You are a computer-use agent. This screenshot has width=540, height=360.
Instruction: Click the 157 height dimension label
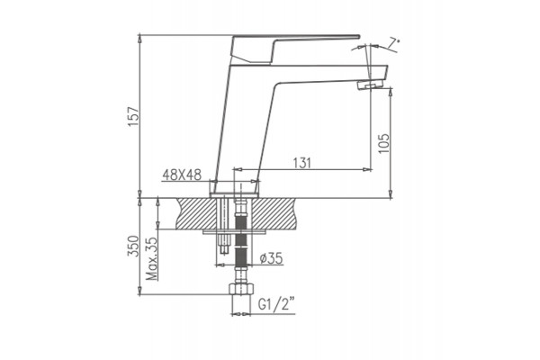pyautogui.click(x=133, y=116)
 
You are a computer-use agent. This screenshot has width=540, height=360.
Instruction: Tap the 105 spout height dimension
pyautogui.click(x=383, y=143)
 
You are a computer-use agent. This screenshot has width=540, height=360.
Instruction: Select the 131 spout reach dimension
pyautogui.click(x=301, y=163)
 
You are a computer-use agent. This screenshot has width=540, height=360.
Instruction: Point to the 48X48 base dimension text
pyautogui.click(x=182, y=175)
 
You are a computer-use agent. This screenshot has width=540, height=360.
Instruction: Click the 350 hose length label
pyautogui.click(x=133, y=246)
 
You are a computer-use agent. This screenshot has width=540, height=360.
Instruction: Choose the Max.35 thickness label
pyautogui.click(x=151, y=258)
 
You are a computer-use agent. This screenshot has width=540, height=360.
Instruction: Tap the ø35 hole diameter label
pyautogui.click(x=271, y=257)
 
